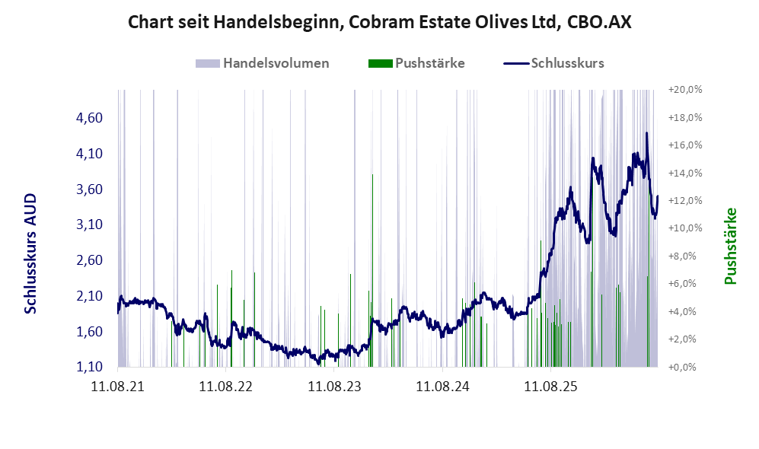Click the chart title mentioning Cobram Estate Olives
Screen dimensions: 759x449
pyautogui.click(x=379, y=22)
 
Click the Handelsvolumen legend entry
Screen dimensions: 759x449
pyautogui.click(x=263, y=63)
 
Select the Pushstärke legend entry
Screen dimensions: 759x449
pyautogui.click(x=416, y=63)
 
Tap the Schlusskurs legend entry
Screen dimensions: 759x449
pyautogui.click(x=553, y=63)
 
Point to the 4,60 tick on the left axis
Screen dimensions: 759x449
pyautogui.click(x=90, y=117)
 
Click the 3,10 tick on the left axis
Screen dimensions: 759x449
pyautogui.click(x=90, y=224)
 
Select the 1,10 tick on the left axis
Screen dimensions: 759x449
pyautogui.click(x=90, y=367)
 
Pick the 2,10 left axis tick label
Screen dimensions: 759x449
pyautogui.click(x=90, y=295)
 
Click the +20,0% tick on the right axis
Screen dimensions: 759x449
pyautogui.click(x=685, y=90)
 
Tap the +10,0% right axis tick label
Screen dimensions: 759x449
pyautogui.click(x=685, y=228)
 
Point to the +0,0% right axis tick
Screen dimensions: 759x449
pyautogui.click(x=683, y=367)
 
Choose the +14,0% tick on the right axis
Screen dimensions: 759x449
pyautogui.click(x=685, y=173)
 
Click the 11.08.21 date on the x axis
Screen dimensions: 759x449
pyautogui.click(x=118, y=387)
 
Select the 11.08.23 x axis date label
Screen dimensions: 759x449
pyautogui.click(x=334, y=387)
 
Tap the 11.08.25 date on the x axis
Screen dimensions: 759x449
pyautogui.click(x=551, y=387)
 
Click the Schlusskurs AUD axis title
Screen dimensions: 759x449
pyautogui.click(x=30, y=253)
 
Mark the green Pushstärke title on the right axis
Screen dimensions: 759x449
pyautogui.click(x=730, y=247)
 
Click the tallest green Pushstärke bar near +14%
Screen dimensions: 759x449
pyautogui.click(x=372, y=270)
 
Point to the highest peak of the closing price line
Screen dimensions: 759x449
pyautogui.click(x=646, y=133)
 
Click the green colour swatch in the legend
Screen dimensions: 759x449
pyautogui.click(x=380, y=63)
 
